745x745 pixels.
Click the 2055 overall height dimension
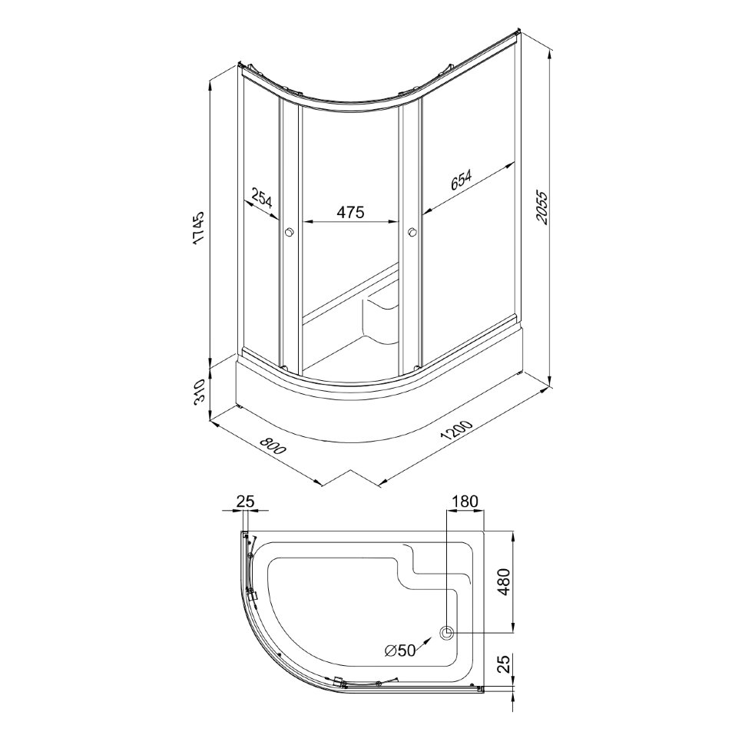pos(542,207)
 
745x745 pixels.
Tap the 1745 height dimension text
pos(198,229)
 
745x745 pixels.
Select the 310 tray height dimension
pos(199,392)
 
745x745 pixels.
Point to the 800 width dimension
pos(272,444)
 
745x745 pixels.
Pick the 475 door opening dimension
pos(350,212)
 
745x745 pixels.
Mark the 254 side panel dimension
pos(261,198)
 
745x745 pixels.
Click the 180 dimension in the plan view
pos(465,501)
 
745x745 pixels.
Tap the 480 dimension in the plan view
pos(504,582)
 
